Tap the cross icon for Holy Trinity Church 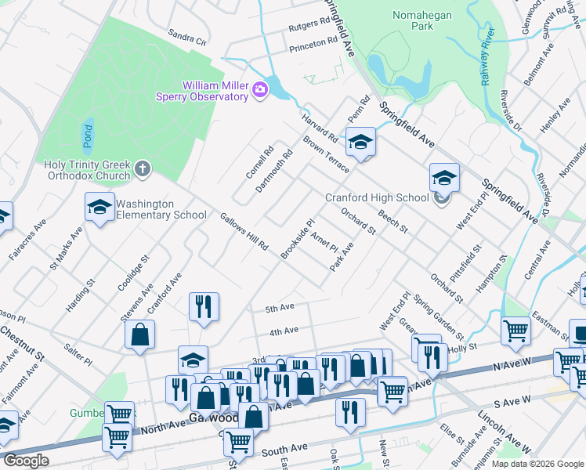pos(142,168)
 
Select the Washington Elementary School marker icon pos(99,208)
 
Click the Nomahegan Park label pos(412,20)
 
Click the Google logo pos(26,460)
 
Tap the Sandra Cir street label pos(186,37)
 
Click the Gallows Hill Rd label pos(244,232)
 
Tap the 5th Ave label pos(280,307)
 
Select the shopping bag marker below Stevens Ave pos(139,334)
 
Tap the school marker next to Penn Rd pos(360,142)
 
